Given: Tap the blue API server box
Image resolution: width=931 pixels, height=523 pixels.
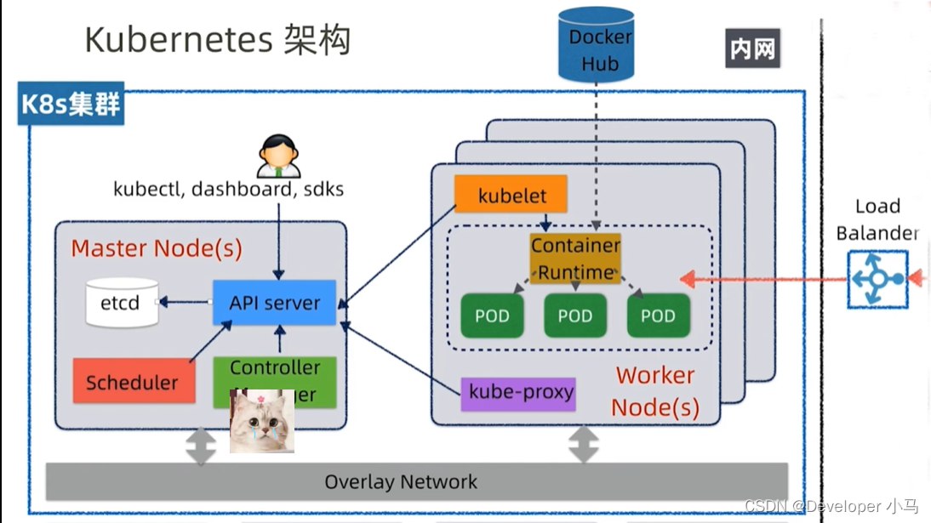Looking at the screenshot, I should pyautogui.click(x=274, y=303).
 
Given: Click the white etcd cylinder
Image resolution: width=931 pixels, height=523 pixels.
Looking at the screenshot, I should pyautogui.click(x=123, y=303).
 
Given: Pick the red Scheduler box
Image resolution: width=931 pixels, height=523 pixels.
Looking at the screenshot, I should pyautogui.click(x=132, y=382).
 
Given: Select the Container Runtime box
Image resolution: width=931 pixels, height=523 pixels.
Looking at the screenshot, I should pyautogui.click(x=575, y=259).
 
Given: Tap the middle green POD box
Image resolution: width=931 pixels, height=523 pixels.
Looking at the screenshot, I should pyautogui.click(x=575, y=316).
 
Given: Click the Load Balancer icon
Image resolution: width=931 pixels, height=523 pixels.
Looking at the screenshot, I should pyautogui.click(x=877, y=278).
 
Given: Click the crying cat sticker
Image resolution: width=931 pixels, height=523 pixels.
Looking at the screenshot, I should pyautogui.click(x=262, y=421).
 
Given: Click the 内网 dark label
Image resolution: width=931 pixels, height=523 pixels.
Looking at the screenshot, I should pyautogui.click(x=752, y=49).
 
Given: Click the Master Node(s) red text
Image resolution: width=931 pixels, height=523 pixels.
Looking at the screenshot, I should pyautogui.click(x=157, y=248).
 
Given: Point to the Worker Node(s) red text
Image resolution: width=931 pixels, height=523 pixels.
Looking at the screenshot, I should pyautogui.click(x=655, y=390).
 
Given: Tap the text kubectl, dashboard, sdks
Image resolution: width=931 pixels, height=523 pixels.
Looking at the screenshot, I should pyautogui.click(x=228, y=189).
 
